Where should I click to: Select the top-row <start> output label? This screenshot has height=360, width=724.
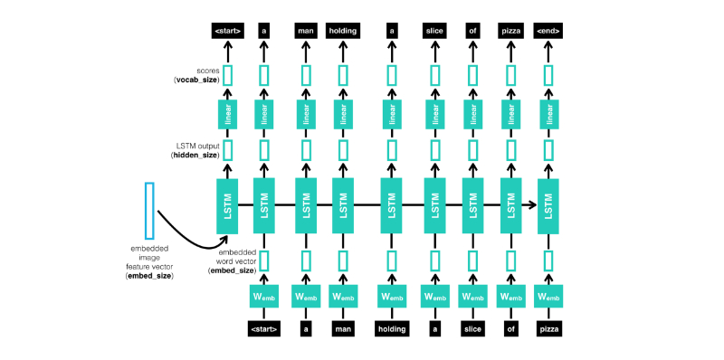coord(227,31)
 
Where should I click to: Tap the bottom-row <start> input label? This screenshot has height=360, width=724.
coord(263,328)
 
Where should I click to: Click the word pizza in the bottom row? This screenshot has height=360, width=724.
coord(548,328)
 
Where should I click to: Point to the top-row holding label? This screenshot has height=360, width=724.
coord(343,31)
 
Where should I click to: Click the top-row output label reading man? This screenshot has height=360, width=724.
coord(305,31)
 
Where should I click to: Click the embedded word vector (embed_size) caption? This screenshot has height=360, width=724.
coord(230,261)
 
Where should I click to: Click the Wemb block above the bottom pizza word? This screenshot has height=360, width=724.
coord(548,297)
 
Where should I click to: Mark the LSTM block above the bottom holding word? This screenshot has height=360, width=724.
coord(392,204)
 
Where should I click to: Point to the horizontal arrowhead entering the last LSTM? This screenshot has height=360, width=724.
coord(530,205)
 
